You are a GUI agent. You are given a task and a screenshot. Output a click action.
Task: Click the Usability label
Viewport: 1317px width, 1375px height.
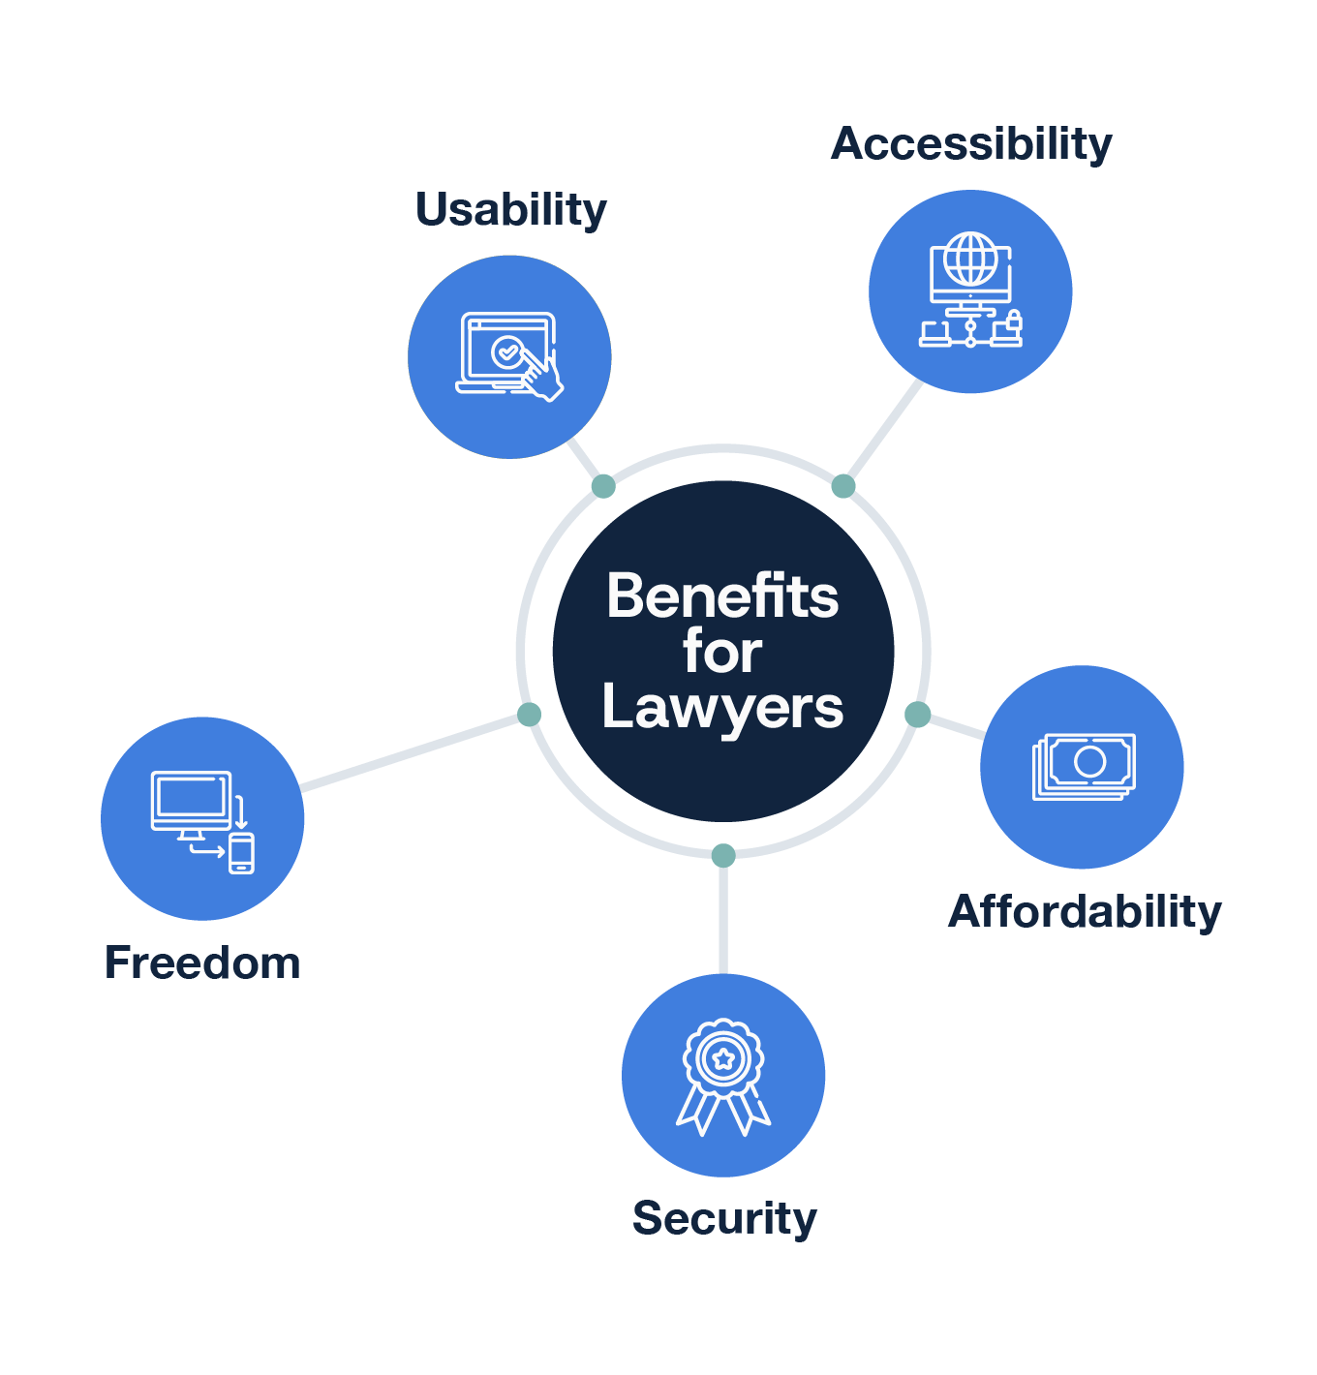510,210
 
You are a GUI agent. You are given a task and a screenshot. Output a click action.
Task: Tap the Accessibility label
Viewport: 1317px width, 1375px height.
971,144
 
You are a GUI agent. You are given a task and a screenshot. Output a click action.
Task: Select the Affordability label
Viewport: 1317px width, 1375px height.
1085,912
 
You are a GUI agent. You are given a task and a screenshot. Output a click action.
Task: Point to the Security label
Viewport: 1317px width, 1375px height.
724,1218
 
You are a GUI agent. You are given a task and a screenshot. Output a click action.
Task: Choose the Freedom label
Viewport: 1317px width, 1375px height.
202,963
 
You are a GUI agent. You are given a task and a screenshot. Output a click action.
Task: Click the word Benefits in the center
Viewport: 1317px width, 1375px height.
722,596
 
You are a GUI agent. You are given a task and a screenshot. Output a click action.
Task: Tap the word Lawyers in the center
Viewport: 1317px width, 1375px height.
722,708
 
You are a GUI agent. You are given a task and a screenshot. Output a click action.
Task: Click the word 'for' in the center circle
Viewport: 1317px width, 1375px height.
722,652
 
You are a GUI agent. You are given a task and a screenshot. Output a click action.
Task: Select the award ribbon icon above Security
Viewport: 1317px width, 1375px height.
723,1075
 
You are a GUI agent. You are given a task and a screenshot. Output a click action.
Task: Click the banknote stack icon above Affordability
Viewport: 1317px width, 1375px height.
1083,766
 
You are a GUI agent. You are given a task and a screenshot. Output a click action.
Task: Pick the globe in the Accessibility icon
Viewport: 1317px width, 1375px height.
970,259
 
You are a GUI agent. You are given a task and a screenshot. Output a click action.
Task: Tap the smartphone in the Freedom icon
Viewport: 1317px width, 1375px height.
241,853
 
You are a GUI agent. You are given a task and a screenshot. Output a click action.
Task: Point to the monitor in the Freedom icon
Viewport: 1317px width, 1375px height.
191,801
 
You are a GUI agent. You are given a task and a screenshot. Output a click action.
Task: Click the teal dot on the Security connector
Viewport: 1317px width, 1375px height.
723,855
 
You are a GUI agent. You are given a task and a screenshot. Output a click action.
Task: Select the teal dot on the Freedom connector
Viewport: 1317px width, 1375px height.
529,715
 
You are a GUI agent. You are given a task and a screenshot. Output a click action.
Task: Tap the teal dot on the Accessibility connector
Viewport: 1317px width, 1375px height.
843,486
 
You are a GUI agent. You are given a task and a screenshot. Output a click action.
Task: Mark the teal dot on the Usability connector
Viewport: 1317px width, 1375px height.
603,486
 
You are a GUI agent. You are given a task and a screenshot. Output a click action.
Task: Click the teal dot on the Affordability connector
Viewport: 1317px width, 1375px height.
917,715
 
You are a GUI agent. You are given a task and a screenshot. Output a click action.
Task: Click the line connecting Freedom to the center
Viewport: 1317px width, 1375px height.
412,752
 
